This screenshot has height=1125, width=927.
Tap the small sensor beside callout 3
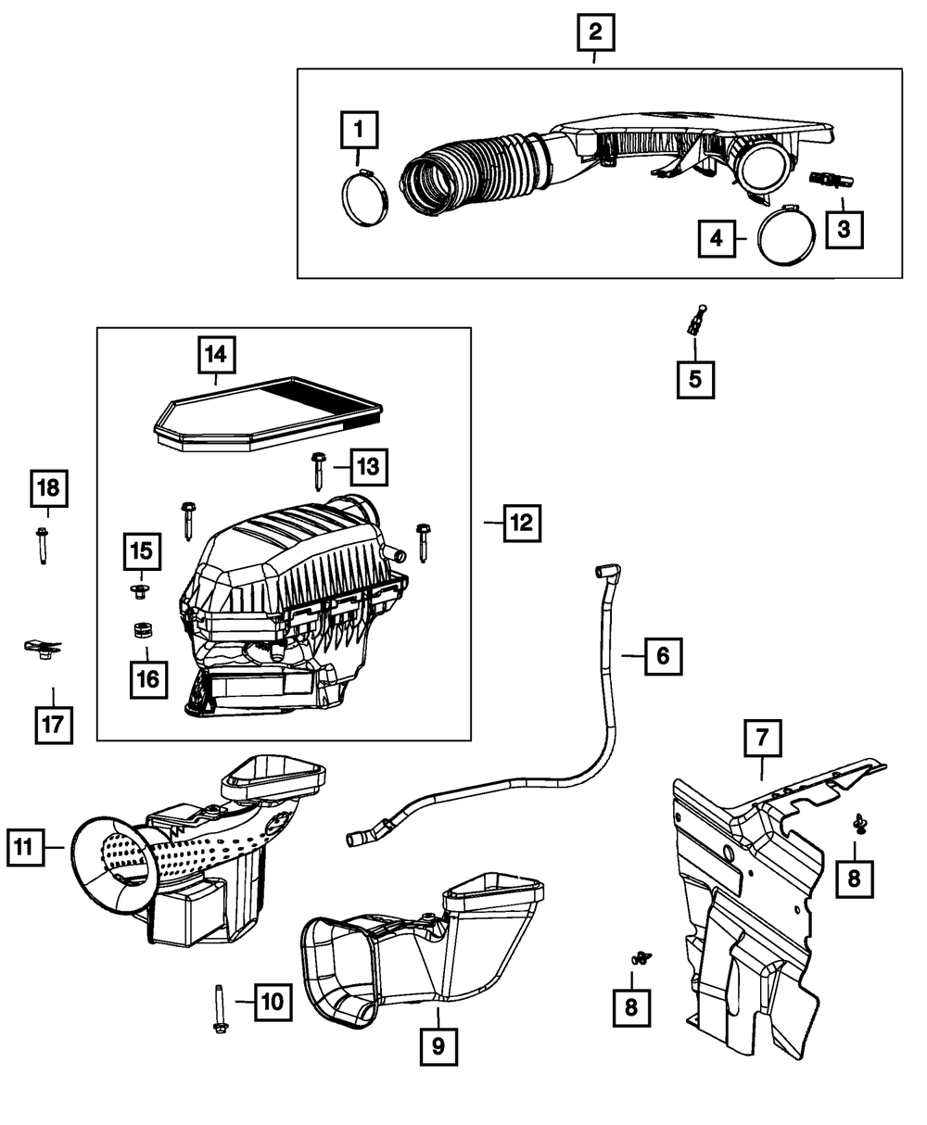pyautogui.click(x=829, y=180)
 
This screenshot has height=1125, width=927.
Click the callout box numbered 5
pyautogui.click(x=695, y=377)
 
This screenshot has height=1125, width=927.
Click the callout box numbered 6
pyautogui.click(x=662, y=656)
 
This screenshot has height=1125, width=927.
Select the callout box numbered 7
pyautogui.click(x=762, y=739)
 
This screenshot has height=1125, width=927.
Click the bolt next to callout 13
pyautogui.click(x=317, y=471)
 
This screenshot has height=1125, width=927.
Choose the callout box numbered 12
pyautogui.click(x=521, y=524)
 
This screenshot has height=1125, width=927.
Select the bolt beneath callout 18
pyautogui.click(x=44, y=546)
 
